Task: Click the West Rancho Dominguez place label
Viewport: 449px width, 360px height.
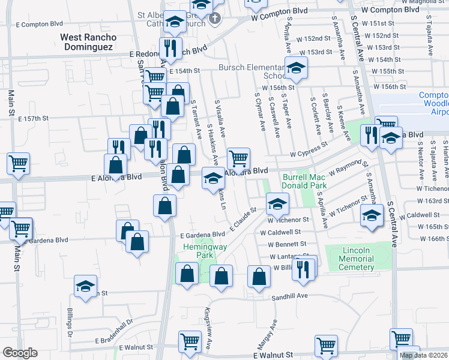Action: pos(88,42)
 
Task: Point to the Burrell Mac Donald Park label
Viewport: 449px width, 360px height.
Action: pos(313,182)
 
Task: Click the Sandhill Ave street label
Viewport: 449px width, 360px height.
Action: pos(289,296)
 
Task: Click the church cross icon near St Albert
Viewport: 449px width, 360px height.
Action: pos(215,19)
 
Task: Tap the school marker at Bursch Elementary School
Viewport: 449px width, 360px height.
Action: pos(295,70)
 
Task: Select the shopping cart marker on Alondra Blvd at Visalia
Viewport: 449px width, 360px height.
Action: pos(239,158)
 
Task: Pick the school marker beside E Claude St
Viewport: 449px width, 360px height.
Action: pos(277,203)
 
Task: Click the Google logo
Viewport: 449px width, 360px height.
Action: pos(20,353)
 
